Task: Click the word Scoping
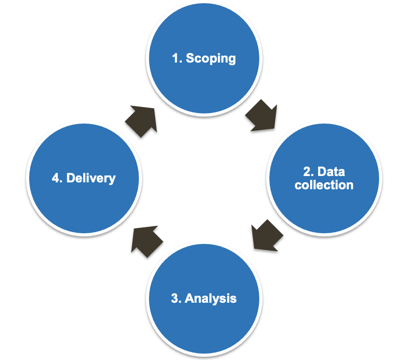[x=211, y=58]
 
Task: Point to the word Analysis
[x=211, y=298]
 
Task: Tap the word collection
[x=324, y=185]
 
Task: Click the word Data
[x=331, y=172]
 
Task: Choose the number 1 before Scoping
[x=176, y=58]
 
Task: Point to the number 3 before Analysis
[x=176, y=298]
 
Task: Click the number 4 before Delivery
[x=56, y=178]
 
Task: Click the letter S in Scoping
[x=190, y=58]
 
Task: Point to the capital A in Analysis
[x=189, y=298]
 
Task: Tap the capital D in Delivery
[x=71, y=178]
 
